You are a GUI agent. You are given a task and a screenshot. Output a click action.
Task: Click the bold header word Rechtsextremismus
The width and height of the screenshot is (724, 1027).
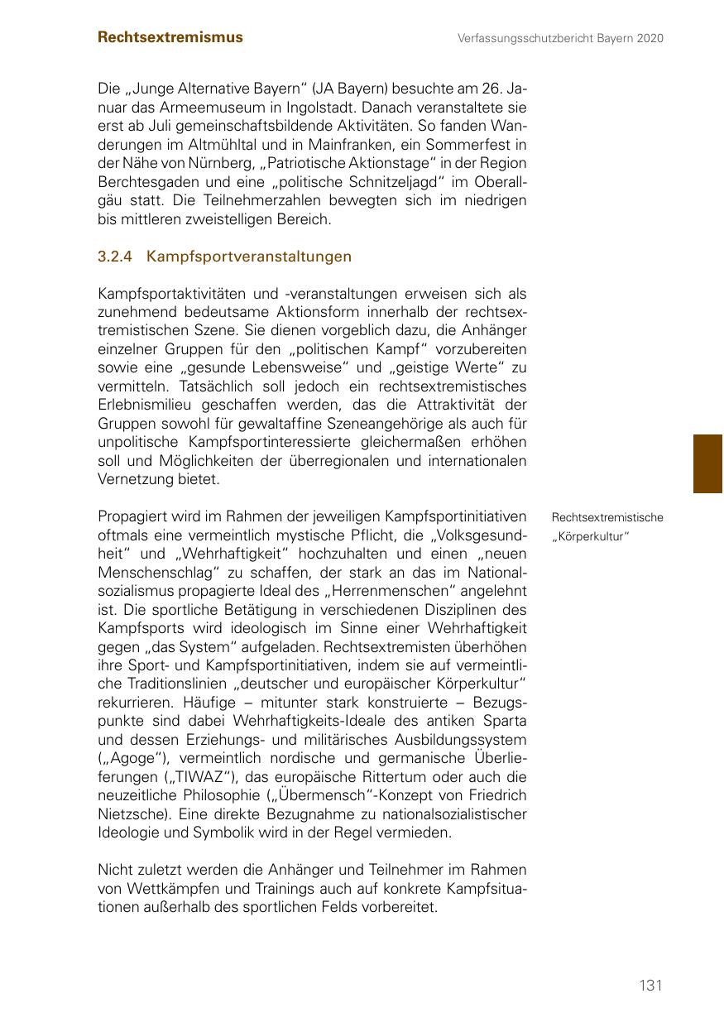pyautogui.click(x=170, y=37)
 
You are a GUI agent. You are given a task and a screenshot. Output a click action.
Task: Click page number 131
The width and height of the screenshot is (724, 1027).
pyautogui.click(x=650, y=985)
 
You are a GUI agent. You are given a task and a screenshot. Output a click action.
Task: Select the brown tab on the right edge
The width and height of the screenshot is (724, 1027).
pyautogui.click(x=708, y=463)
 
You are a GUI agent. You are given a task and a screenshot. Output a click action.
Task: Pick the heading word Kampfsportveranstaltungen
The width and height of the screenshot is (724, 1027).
pyautogui.click(x=249, y=257)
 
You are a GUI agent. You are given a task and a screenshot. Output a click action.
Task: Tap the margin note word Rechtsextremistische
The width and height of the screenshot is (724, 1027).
pyautogui.click(x=607, y=517)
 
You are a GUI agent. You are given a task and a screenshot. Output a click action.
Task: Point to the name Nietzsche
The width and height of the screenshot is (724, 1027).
pyautogui.click(x=129, y=814)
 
